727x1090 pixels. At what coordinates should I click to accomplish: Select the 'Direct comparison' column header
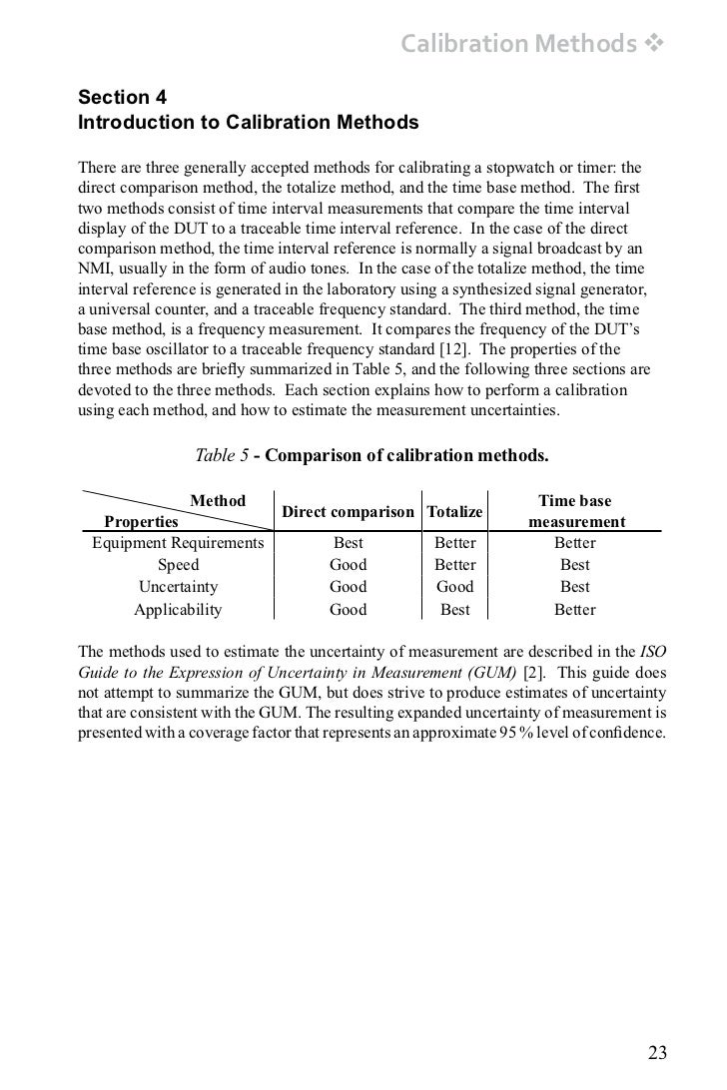[x=348, y=512]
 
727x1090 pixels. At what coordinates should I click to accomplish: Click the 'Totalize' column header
[x=455, y=512]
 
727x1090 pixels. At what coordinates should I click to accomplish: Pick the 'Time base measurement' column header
[x=575, y=511]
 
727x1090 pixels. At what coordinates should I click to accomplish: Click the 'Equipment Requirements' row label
[x=178, y=543]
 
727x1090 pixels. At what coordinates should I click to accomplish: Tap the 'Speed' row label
[x=178, y=565]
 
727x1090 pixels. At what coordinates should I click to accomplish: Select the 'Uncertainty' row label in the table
[x=178, y=587]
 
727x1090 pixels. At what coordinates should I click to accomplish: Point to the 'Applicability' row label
[x=178, y=610]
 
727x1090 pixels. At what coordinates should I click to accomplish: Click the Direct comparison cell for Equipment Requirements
[x=348, y=543]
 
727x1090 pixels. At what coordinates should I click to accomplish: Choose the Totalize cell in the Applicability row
[x=455, y=610]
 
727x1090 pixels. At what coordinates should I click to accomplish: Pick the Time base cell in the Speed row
[x=575, y=565]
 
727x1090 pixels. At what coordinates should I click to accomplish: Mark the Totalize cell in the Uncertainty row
[x=455, y=587]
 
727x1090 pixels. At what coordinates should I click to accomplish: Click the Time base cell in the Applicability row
[x=575, y=610]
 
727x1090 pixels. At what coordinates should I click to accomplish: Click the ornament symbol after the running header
[x=655, y=44]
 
